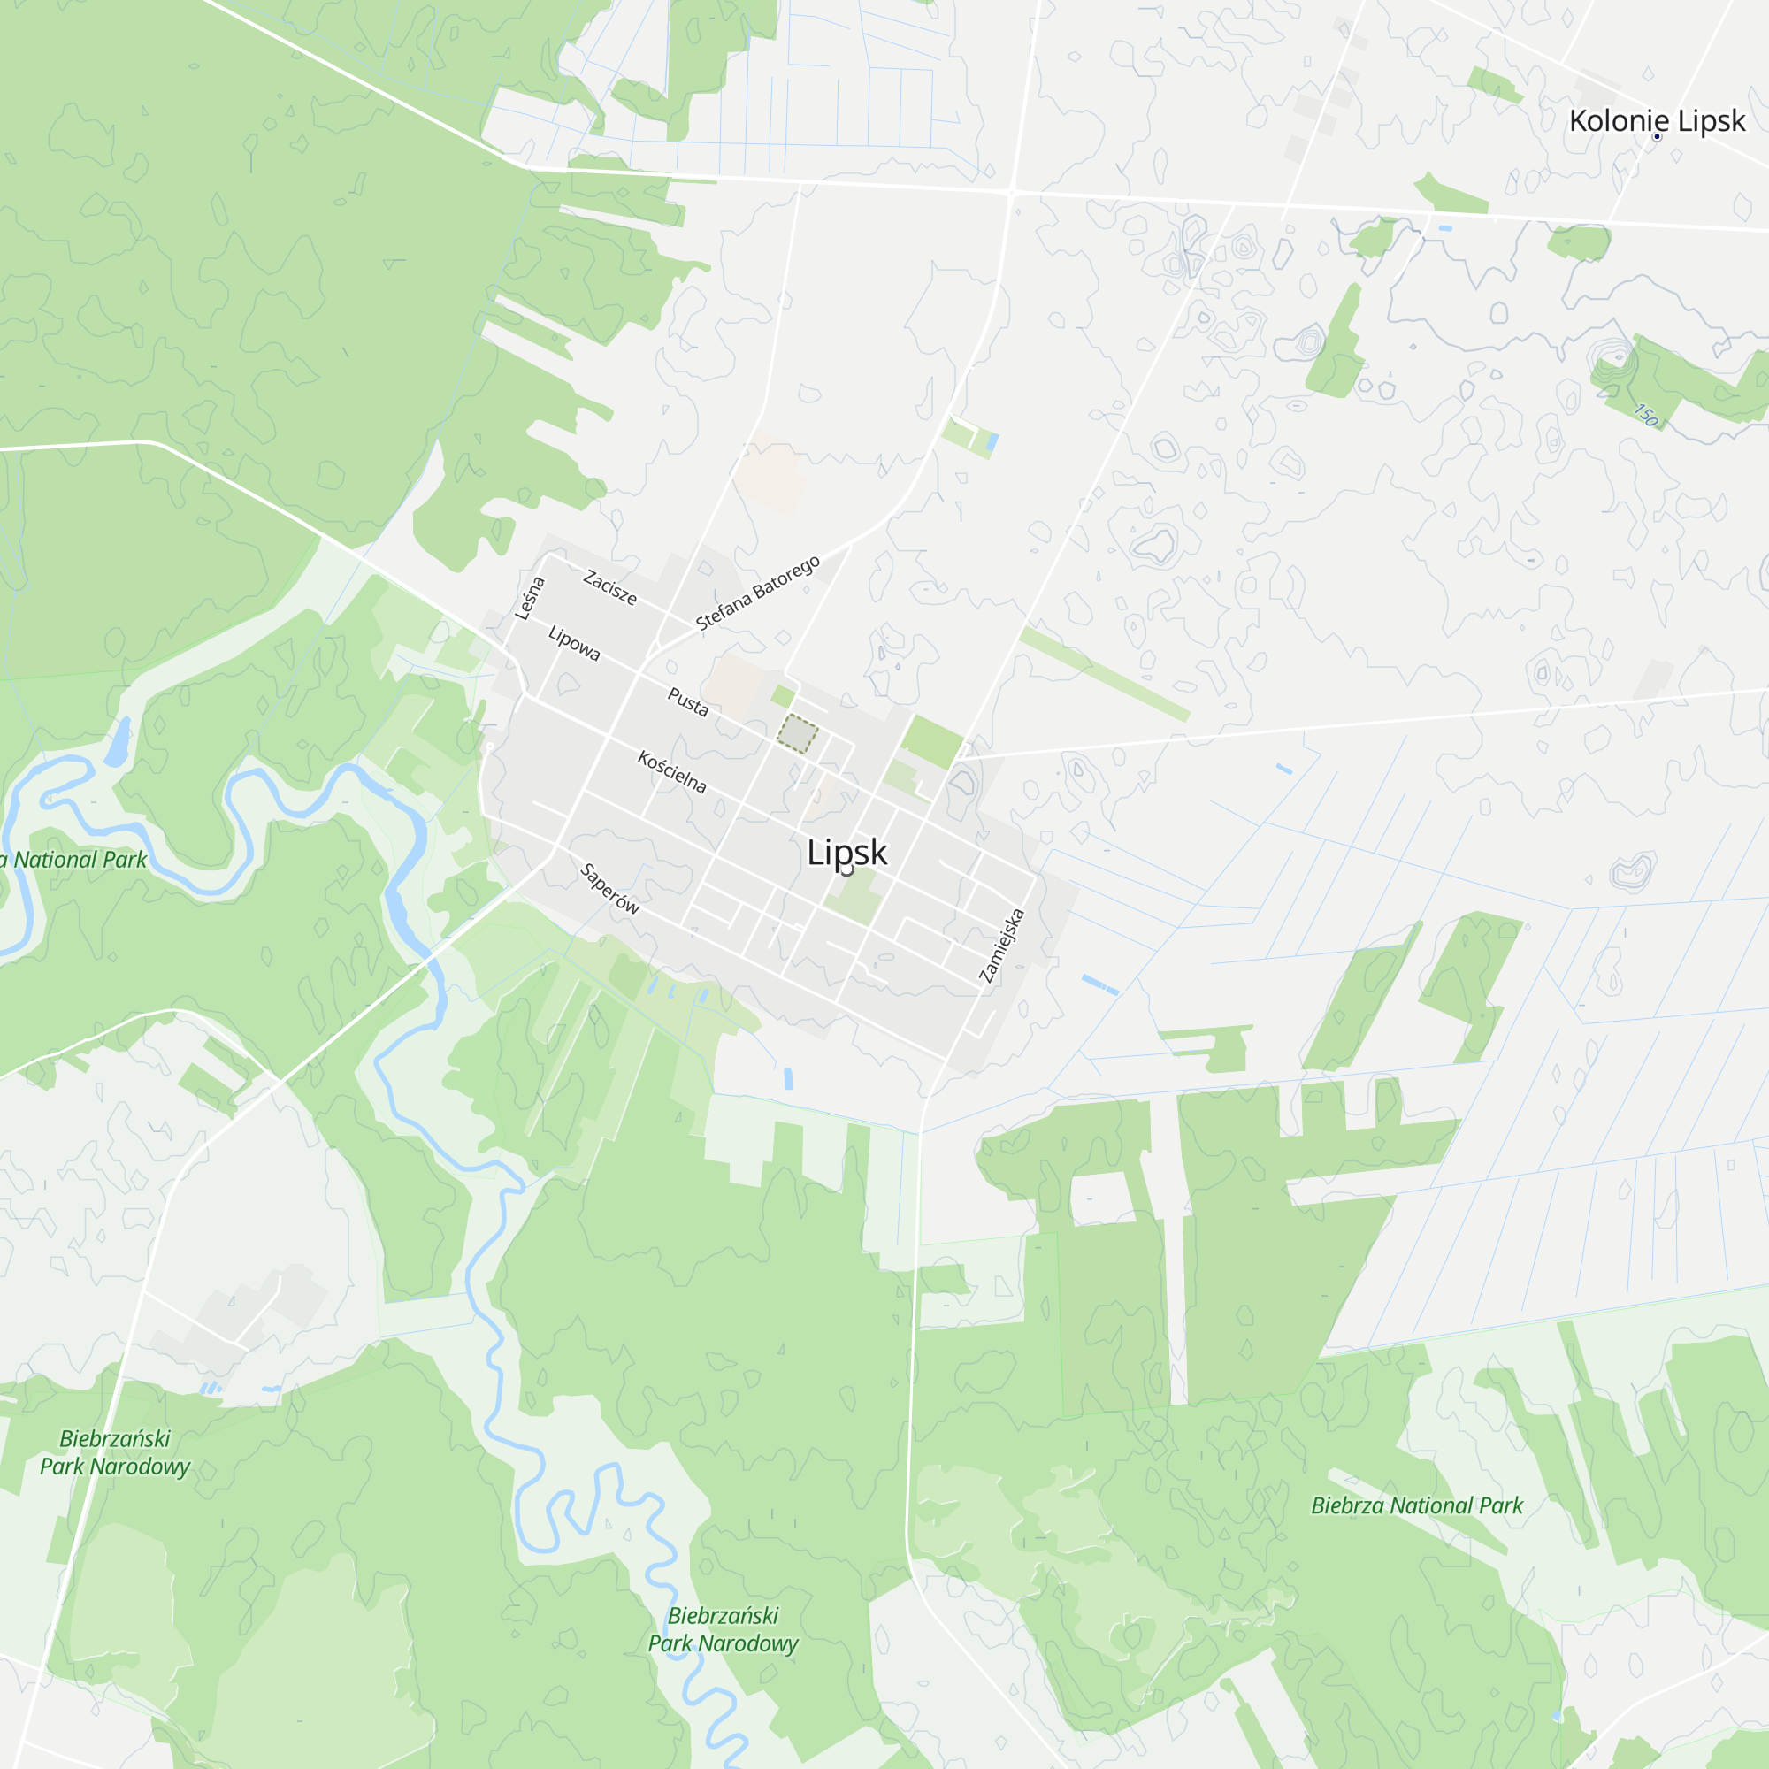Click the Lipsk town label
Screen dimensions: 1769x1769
[x=847, y=853]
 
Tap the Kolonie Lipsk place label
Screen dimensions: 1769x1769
[x=1657, y=121]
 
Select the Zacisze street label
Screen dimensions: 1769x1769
[x=609, y=587]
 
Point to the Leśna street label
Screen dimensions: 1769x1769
[x=529, y=599]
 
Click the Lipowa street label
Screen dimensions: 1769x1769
[x=574, y=643]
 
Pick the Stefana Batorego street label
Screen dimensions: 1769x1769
[x=757, y=593]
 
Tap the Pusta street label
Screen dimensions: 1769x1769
[x=687, y=702]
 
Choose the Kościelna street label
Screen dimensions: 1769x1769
[x=672, y=772]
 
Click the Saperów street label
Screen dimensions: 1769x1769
[x=609, y=888]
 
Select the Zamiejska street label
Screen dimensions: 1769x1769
[x=1002, y=946]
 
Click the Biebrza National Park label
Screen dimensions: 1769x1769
[x=1416, y=1505]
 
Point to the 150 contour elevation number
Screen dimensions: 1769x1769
[x=1646, y=415]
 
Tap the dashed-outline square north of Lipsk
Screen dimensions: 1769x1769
[x=798, y=734]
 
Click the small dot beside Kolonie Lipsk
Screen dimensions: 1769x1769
[x=1657, y=137]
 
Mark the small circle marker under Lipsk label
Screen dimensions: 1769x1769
[x=847, y=869]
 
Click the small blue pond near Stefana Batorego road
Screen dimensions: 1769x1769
[x=992, y=444]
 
